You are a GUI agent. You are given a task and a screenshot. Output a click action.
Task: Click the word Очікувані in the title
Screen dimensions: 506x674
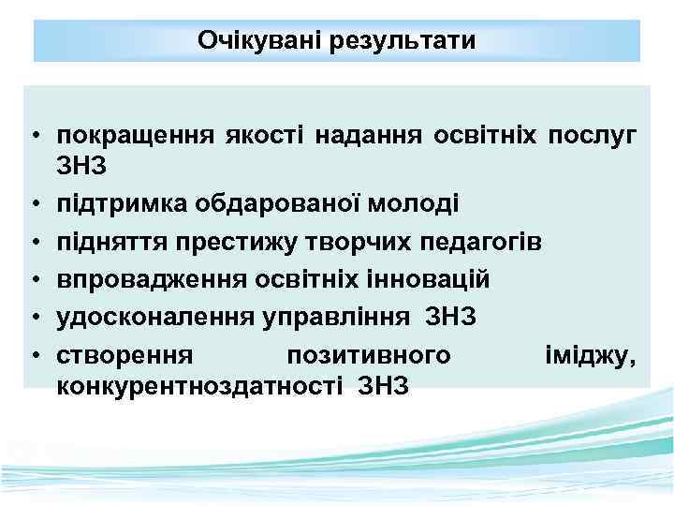pos(258,42)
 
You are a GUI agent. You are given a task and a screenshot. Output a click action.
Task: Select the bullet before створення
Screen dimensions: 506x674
pos(33,355)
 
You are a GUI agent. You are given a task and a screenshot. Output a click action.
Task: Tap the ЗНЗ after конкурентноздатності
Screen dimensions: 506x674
pos(383,386)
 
